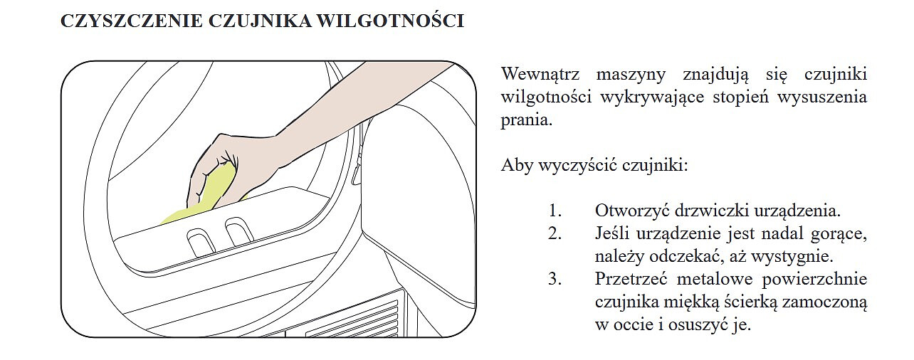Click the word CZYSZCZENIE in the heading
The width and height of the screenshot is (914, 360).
[x=132, y=21]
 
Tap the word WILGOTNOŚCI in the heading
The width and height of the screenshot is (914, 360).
[x=391, y=21]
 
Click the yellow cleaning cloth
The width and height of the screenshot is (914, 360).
[x=204, y=196]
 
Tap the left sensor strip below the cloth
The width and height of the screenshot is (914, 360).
[x=200, y=242]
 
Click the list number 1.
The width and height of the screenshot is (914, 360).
[x=555, y=211]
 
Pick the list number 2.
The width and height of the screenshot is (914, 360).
[x=555, y=233]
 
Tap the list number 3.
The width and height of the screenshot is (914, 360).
[x=555, y=280]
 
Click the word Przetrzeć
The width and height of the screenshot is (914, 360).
[x=631, y=280]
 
